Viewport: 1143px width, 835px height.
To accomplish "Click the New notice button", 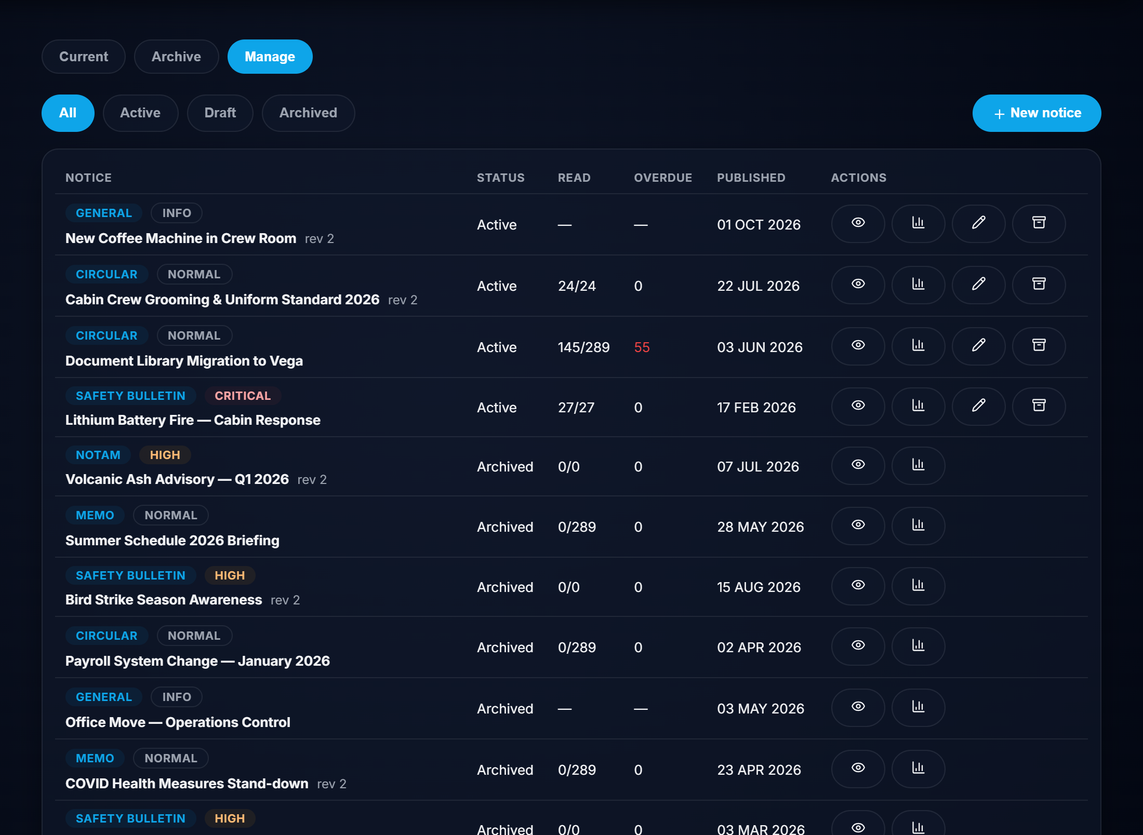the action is [x=1036, y=113].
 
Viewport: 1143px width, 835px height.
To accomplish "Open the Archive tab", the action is [x=176, y=57].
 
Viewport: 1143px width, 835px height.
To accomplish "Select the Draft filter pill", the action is [x=220, y=113].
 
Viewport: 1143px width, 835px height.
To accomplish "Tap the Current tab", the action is [x=84, y=57].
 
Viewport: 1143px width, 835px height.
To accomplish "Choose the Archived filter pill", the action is [x=308, y=113].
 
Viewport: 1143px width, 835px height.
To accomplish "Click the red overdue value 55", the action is [x=642, y=347].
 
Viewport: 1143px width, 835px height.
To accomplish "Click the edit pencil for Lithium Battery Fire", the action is [x=978, y=407].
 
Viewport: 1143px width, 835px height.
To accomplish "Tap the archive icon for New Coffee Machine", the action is [x=1039, y=224].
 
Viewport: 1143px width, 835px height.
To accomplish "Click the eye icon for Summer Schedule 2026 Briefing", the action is [x=858, y=526].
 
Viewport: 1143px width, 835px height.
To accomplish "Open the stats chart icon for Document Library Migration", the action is [x=918, y=346].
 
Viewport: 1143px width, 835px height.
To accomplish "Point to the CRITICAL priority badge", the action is [x=243, y=396].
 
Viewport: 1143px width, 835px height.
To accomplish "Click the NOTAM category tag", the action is [x=98, y=455].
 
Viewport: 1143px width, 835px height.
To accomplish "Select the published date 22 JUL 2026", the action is [x=758, y=286].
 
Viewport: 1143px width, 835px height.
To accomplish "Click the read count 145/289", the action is [x=583, y=347].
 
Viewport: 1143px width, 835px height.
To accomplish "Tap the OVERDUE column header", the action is [x=663, y=178].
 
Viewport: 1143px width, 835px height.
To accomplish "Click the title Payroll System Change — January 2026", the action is [x=197, y=661].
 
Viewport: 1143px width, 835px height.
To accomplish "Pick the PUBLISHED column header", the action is [x=751, y=178].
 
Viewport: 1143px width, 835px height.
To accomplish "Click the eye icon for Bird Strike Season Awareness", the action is [x=858, y=586].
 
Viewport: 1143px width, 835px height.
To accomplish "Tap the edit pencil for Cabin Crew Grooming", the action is [x=978, y=285].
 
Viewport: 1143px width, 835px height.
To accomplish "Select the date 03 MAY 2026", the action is [x=760, y=709].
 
